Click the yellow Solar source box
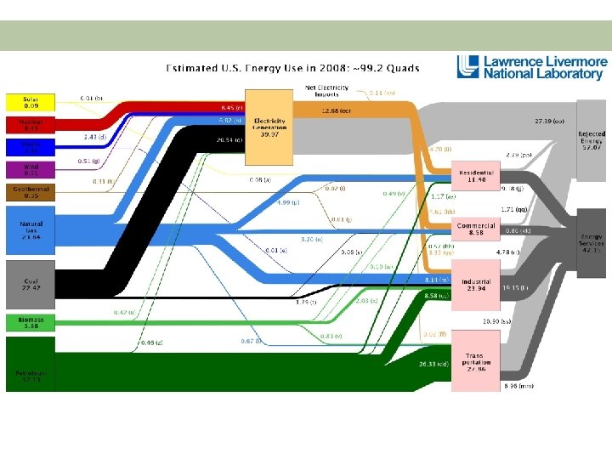[x=31, y=102]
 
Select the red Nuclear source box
[x=31, y=125]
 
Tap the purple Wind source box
[x=31, y=171]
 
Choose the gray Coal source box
[x=31, y=282]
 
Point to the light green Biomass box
[x=31, y=322]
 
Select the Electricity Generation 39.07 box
[x=269, y=127]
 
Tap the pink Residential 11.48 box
[x=476, y=174]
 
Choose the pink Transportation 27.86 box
[x=476, y=361]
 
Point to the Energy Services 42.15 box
[x=592, y=242]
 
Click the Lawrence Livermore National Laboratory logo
[x=532, y=67]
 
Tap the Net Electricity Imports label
[x=326, y=91]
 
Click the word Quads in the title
[x=401, y=67]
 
